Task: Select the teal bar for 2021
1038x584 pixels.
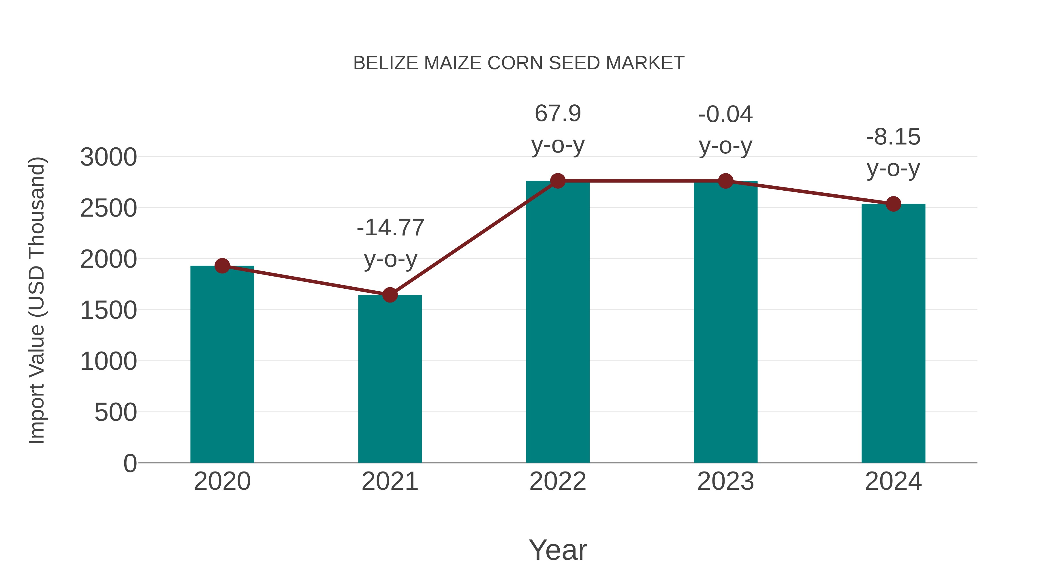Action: (x=390, y=379)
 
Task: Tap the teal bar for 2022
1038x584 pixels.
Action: (x=558, y=322)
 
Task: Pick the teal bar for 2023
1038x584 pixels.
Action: (x=725, y=322)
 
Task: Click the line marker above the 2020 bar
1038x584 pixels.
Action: (x=222, y=266)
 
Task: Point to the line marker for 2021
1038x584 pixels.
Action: (x=390, y=295)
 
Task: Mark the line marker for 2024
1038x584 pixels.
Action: (x=893, y=204)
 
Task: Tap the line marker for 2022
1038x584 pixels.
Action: (x=558, y=181)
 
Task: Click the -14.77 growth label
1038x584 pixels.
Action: (x=390, y=228)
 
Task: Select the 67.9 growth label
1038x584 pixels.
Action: (x=558, y=114)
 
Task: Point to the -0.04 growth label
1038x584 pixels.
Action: (x=725, y=114)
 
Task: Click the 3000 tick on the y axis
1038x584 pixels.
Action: (x=108, y=157)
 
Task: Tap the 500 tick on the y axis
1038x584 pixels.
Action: (x=116, y=412)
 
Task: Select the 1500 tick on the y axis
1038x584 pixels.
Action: (x=108, y=310)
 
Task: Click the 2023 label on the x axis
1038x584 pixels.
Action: (x=725, y=481)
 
